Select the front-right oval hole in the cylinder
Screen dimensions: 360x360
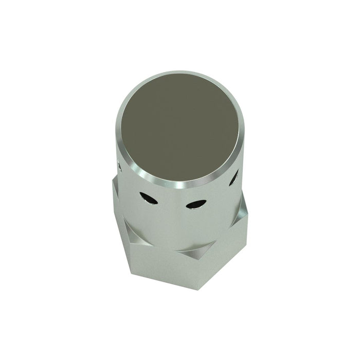tap(193, 205)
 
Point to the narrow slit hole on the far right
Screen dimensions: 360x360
tap(235, 177)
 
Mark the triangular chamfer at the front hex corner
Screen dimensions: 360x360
tap(194, 252)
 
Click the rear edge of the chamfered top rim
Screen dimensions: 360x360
tap(185, 73)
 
